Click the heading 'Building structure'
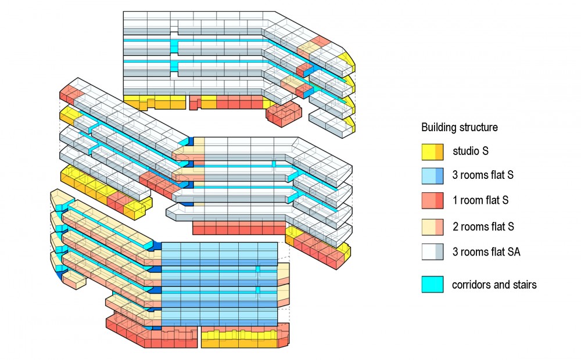(x=459, y=127)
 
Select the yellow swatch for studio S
(x=432, y=152)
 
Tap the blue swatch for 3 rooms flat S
(x=432, y=177)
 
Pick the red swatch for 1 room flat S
(x=432, y=201)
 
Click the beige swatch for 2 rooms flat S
(x=432, y=226)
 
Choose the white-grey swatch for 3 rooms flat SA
(x=432, y=251)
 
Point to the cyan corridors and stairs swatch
(x=432, y=285)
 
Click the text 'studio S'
(x=471, y=152)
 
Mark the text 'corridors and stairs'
(x=494, y=285)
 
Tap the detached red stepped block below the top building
(x=285, y=113)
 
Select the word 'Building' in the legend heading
(x=439, y=127)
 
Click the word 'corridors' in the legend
(x=471, y=285)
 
